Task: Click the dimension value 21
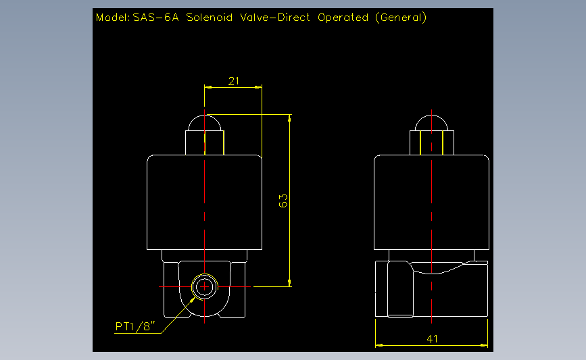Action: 234,81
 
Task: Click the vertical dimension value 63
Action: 283,201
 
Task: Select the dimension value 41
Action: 433,338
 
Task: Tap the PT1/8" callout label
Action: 136,327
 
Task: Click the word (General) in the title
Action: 400,18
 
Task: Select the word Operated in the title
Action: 343,18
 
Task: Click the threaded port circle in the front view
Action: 204,286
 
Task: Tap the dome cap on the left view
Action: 204,123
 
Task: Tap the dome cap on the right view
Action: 432,123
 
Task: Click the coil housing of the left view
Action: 204,201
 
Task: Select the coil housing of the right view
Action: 432,201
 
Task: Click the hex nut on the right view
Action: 432,143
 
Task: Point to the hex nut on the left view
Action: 204,143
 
